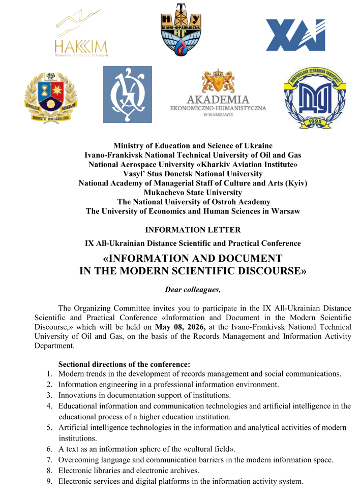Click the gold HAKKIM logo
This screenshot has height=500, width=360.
(x=81, y=33)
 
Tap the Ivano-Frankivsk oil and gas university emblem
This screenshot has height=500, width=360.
(x=181, y=29)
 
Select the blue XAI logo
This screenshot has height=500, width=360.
(x=295, y=35)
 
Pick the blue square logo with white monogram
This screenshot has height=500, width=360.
(x=127, y=95)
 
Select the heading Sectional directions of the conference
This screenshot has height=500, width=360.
(x=124, y=364)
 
